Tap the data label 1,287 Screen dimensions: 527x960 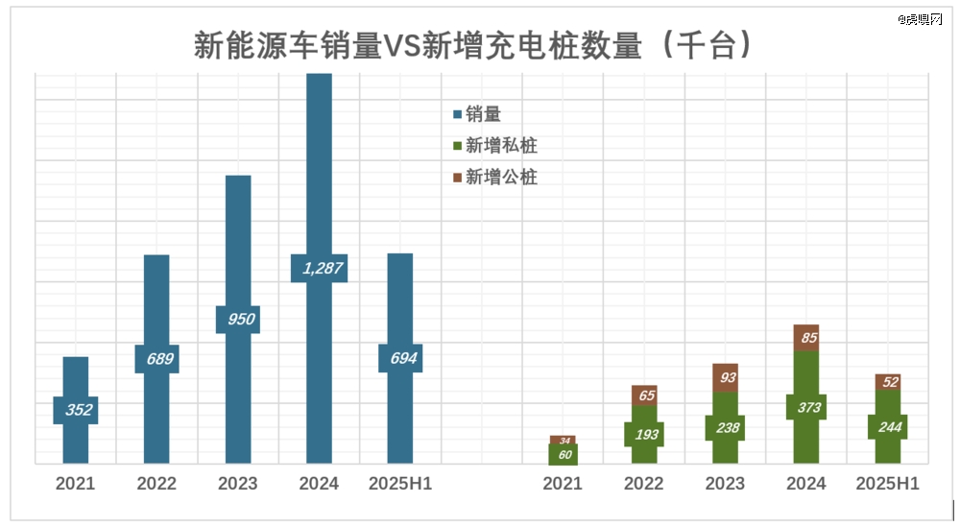[x=319, y=268]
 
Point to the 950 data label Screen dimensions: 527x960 [x=238, y=319]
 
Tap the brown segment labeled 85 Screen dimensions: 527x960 [x=807, y=338]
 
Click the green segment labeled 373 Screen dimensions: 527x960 [x=807, y=406]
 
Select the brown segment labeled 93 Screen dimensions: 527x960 [x=727, y=378]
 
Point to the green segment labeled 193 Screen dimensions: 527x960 [x=645, y=434]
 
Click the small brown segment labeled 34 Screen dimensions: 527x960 [x=564, y=440]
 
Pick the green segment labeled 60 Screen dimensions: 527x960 [x=564, y=455]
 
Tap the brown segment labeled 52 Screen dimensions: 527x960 [x=888, y=382]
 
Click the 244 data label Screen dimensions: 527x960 [x=888, y=427]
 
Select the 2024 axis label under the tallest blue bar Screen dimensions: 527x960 [x=319, y=484]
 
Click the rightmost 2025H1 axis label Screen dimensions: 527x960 [x=888, y=484]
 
